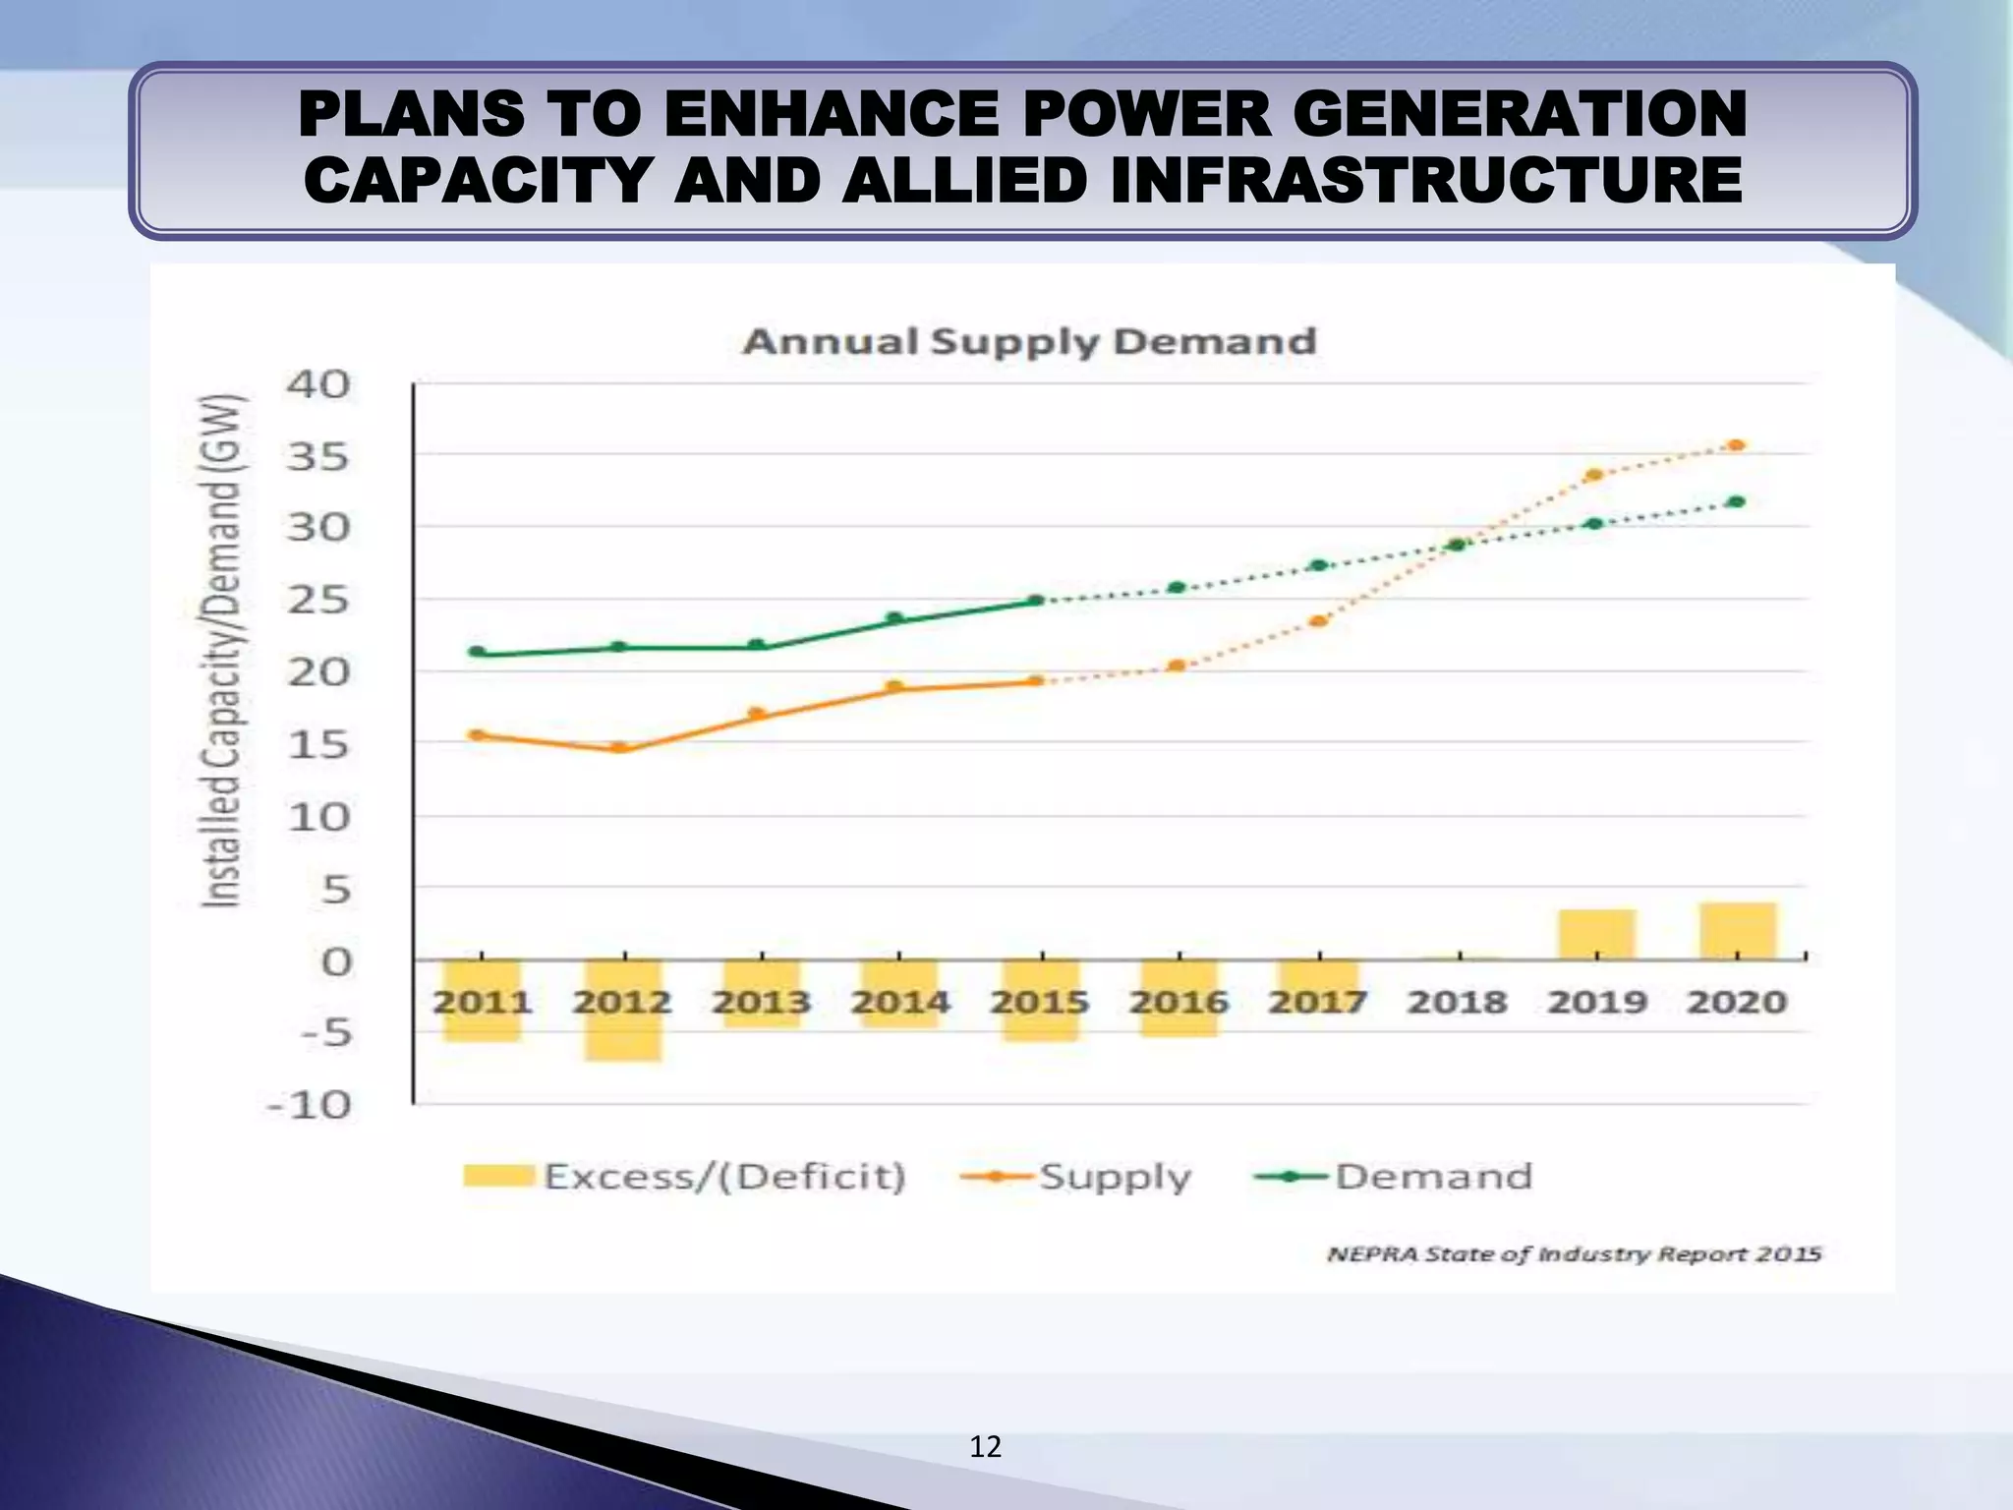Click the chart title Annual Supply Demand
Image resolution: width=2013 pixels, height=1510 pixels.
coord(1029,341)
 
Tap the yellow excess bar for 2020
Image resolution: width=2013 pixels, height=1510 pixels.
coord(1737,930)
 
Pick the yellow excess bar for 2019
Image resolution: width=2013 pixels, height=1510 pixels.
coord(1596,934)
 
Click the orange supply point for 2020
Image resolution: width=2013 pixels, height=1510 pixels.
coord(1737,445)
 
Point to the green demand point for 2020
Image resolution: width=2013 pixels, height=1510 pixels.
coord(1737,502)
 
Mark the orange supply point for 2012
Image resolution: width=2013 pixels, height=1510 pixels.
coord(620,747)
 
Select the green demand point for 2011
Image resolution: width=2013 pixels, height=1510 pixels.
coord(477,652)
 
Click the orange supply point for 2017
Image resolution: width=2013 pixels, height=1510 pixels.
coord(1319,621)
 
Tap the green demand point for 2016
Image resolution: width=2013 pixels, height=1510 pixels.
coord(1178,588)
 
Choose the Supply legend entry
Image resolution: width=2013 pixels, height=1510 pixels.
coord(1076,1176)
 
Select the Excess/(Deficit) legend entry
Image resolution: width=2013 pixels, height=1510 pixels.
coord(685,1176)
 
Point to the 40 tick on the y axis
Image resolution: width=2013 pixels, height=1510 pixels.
coord(317,384)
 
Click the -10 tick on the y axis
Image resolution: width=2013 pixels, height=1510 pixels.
coord(310,1105)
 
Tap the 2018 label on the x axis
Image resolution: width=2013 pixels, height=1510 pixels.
coord(1457,1002)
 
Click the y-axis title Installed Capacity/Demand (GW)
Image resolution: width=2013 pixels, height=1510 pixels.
coord(221,650)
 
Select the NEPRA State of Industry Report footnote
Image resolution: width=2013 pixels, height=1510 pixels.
coord(1574,1254)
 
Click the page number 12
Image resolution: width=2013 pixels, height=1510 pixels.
coord(985,1446)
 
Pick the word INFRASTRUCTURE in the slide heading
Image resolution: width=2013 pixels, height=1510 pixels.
coord(1426,182)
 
